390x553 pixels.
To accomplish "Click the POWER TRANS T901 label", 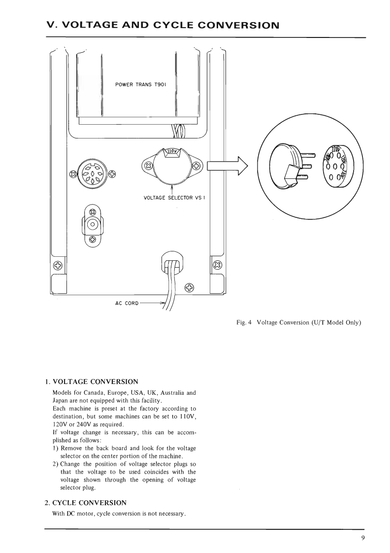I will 140,84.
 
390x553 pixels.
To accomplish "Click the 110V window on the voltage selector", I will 171,151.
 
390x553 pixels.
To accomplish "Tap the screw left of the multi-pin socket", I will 74,174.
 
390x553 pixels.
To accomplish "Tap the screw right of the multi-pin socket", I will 112,174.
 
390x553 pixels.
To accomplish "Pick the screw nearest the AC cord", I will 190,288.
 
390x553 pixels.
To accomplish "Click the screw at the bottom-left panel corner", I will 58,266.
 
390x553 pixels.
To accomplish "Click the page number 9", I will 363,538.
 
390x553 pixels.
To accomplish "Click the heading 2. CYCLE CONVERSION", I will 86,503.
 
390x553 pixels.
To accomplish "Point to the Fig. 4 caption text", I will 299,323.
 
